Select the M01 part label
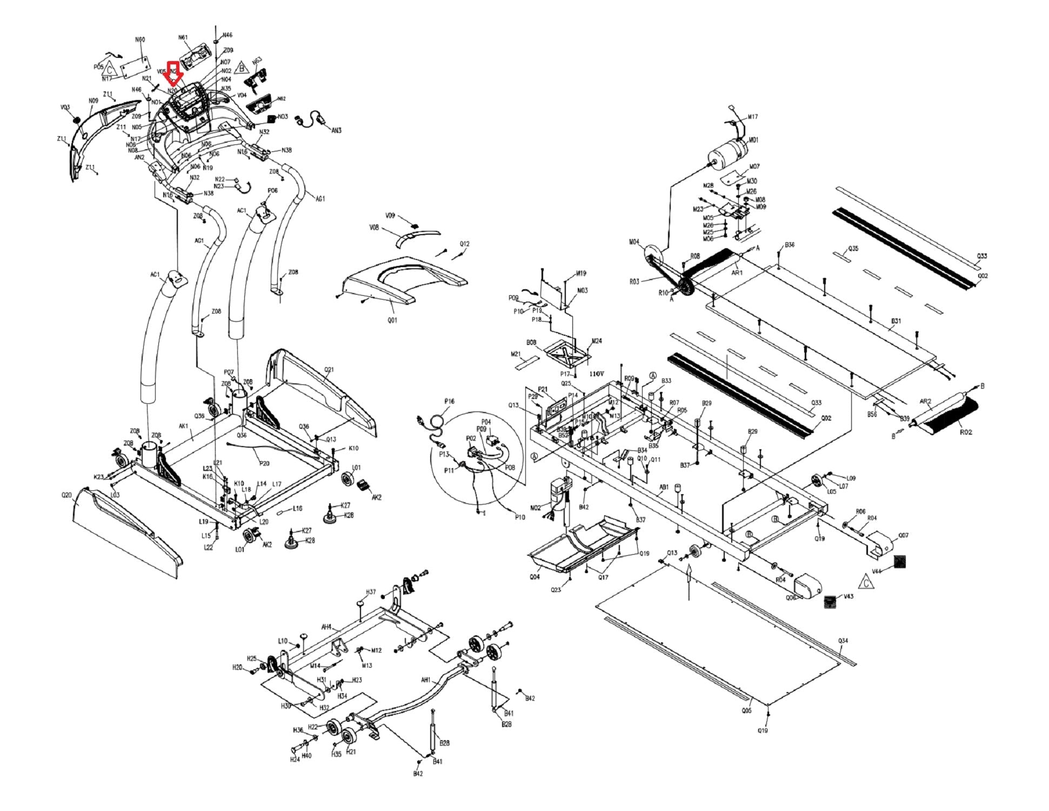(x=753, y=140)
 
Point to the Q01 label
(x=392, y=320)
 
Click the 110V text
(x=597, y=374)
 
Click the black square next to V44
(x=900, y=562)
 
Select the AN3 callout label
(x=336, y=131)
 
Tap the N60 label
(x=140, y=39)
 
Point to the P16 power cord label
(x=449, y=401)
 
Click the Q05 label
(x=746, y=710)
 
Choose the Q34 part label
(x=843, y=641)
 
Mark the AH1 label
(x=425, y=680)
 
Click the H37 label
(x=371, y=592)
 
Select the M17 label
(x=753, y=117)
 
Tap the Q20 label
(x=66, y=495)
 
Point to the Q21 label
(x=329, y=370)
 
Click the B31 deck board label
(x=896, y=321)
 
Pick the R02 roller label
(x=965, y=432)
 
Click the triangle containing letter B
(x=242, y=68)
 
